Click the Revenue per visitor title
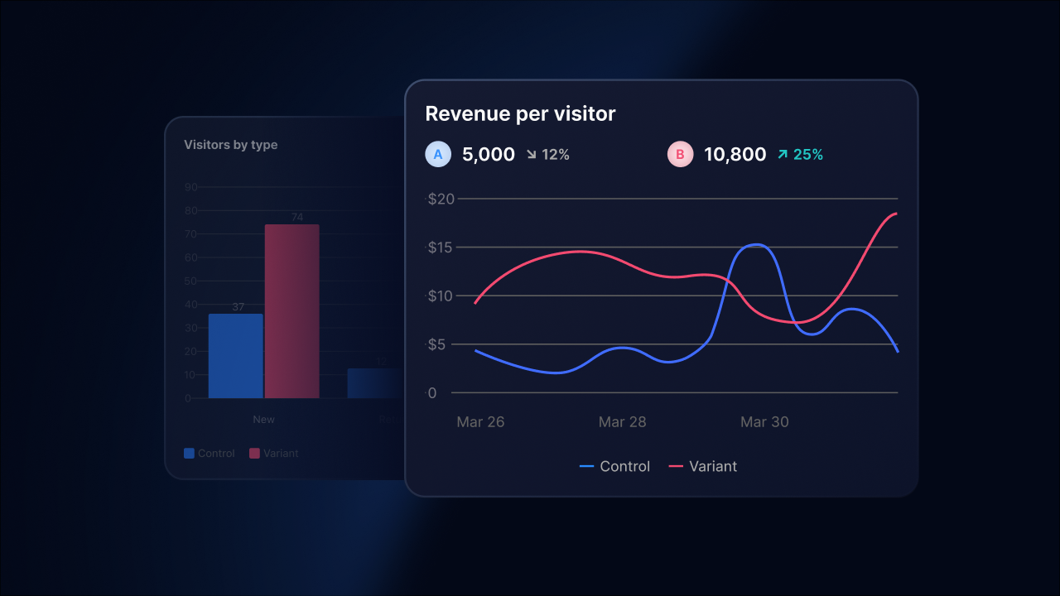(x=520, y=114)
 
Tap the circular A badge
(x=438, y=154)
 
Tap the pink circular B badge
(x=680, y=154)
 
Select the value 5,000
(x=488, y=155)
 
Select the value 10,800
(x=735, y=155)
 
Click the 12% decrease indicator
(x=548, y=155)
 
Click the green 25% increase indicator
(x=800, y=155)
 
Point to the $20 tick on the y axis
(x=441, y=199)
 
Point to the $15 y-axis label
(x=441, y=248)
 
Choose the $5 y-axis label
(x=437, y=344)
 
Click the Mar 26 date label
(x=480, y=422)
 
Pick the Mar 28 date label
(x=622, y=422)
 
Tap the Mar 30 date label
(x=764, y=422)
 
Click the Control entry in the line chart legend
(x=615, y=467)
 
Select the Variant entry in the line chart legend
(x=703, y=467)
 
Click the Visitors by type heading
(x=230, y=145)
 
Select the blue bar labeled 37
(x=235, y=356)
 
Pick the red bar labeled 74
(x=291, y=311)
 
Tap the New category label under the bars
(x=263, y=420)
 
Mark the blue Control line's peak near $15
(x=757, y=245)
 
